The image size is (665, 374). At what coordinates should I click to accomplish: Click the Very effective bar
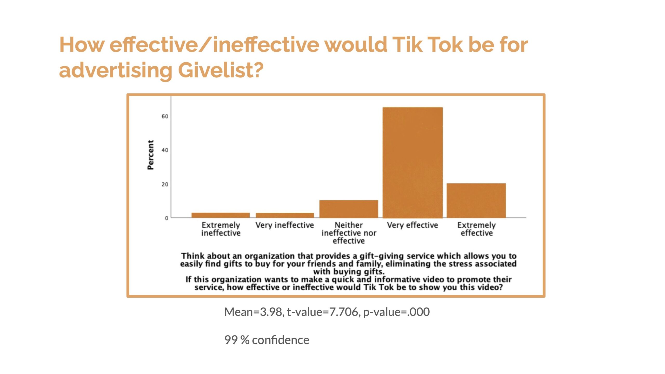click(x=413, y=163)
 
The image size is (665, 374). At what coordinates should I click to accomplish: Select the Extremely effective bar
click(x=476, y=201)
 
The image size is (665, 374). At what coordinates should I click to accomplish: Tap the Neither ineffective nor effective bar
click(x=349, y=209)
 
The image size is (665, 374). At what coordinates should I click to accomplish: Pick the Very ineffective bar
click(x=285, y=215)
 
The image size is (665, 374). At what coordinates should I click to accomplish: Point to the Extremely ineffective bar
click(x=221, y=215)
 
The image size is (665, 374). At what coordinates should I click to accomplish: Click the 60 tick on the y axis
click(x=165, y=116)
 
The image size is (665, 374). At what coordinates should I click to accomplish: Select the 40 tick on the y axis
click(x=165, y=150)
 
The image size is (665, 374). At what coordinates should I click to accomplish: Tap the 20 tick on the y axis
click(x=165, y=184)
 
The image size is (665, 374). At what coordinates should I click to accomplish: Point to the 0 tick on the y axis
click(x=167, y=218)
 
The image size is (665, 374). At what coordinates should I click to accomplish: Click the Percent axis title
click(x=150, y=155)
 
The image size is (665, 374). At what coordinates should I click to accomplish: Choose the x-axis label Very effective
click(x=413, y=225)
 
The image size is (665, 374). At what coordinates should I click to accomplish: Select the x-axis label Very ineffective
click(x=285, y=225)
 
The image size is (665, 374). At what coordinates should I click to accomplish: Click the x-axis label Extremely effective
click(x=477, y=229)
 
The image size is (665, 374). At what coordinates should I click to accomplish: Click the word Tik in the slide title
click(x=407, y=45)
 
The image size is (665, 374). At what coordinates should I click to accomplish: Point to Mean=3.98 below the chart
click(x=254, y=312)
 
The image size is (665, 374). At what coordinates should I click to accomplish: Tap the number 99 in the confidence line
click(x=231, y=340)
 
